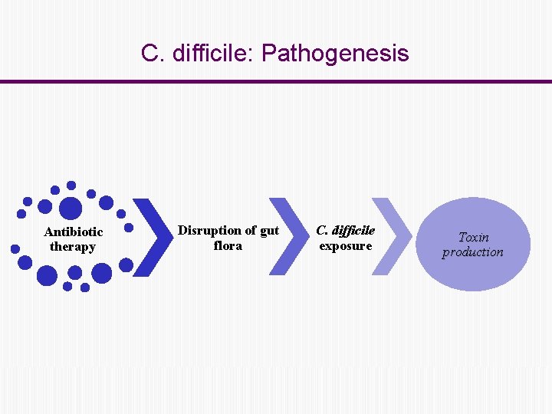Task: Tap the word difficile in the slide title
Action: [x=212, y=54]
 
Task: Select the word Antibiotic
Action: [x=74, y=232]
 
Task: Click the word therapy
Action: [x=73, y=247]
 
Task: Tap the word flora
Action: [x=228, y=245]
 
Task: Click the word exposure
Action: [x=345, y=245]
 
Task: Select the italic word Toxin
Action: [x=473, y=237]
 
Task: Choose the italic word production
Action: [x=473, y=252]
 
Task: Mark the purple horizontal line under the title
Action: [x=276, y=81]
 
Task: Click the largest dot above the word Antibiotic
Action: [x=71, y=209]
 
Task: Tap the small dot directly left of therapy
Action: [x=15, y=248]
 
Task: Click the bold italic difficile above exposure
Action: [x=353, y=230]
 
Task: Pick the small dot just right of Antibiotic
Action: [x=129, y=228]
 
